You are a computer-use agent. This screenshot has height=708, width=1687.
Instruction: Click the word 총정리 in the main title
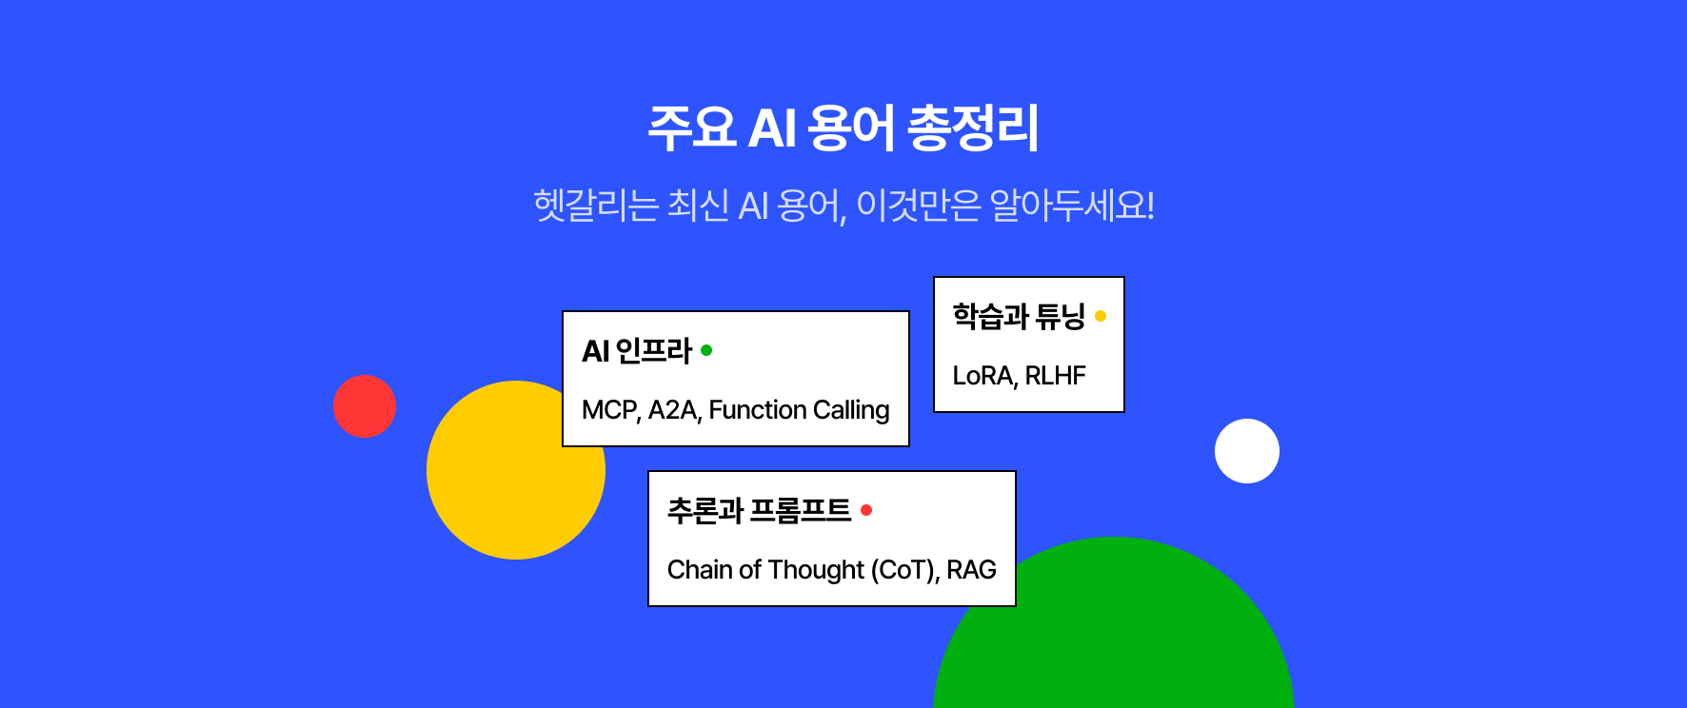973,128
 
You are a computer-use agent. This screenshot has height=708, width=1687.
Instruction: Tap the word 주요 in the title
692,128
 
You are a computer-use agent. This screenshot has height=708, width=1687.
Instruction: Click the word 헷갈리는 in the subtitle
596,205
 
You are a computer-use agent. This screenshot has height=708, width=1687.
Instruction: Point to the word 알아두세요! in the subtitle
1072,205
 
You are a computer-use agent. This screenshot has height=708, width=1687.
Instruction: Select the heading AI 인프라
637,351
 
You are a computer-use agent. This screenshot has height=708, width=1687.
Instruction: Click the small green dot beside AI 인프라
706,350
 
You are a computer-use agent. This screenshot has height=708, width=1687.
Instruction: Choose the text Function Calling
799,410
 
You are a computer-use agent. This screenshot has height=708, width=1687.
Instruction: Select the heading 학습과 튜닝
1019,316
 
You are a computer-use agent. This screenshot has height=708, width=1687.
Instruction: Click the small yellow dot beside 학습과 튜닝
1101,316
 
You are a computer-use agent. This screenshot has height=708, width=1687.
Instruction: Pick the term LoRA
984,376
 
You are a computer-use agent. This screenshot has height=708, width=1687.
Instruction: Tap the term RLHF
1055,376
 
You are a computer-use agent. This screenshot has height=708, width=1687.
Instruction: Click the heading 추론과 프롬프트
759,511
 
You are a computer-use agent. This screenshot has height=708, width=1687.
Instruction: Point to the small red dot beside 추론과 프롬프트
866,510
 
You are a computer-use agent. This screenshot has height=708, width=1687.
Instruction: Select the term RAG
971,570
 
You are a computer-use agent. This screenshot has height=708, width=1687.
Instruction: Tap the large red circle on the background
365,406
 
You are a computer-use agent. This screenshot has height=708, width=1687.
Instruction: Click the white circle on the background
1247,451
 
